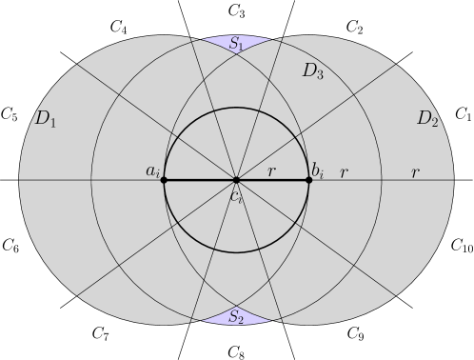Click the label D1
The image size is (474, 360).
click(45, 119)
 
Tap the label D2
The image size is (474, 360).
click(427, 119)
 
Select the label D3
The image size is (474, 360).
click(313, 70)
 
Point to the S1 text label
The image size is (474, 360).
click(236, 44)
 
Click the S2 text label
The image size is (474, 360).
click(236, 318)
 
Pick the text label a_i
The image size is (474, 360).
click(152, 171)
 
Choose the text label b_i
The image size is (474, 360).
click(317, 171)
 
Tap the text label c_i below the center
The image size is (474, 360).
click(237, 195)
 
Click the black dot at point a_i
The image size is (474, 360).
click(164, 180)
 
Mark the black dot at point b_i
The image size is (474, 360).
click(308, 180)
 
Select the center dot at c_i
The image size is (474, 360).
click(236, 180)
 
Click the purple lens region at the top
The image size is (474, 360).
click(219, 43)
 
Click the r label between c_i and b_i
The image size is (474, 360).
click(271, 172)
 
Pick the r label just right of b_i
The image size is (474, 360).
click(344, 172)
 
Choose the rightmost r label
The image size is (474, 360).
click(415, 172)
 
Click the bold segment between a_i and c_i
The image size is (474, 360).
click(200, 180)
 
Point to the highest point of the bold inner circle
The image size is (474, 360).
click(236, 108)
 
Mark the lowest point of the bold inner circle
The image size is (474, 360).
click(236, 252)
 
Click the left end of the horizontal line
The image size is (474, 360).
click(20, 180)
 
